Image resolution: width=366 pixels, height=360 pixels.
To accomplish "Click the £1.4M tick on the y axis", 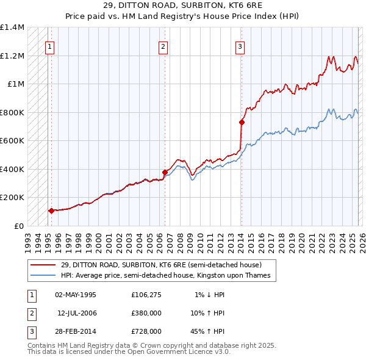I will coord(12,27).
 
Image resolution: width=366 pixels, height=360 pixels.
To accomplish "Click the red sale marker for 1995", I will coord(51,211).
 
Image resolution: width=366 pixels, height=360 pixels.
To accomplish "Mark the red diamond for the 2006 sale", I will coord(165,172).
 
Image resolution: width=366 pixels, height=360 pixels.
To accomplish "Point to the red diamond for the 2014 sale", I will coord(242,123).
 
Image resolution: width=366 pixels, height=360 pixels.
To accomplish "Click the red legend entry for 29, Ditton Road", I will coord(161,265).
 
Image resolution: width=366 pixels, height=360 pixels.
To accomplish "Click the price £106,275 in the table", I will coord(146,295).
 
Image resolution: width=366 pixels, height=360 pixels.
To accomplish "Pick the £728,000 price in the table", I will coord(146,331).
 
